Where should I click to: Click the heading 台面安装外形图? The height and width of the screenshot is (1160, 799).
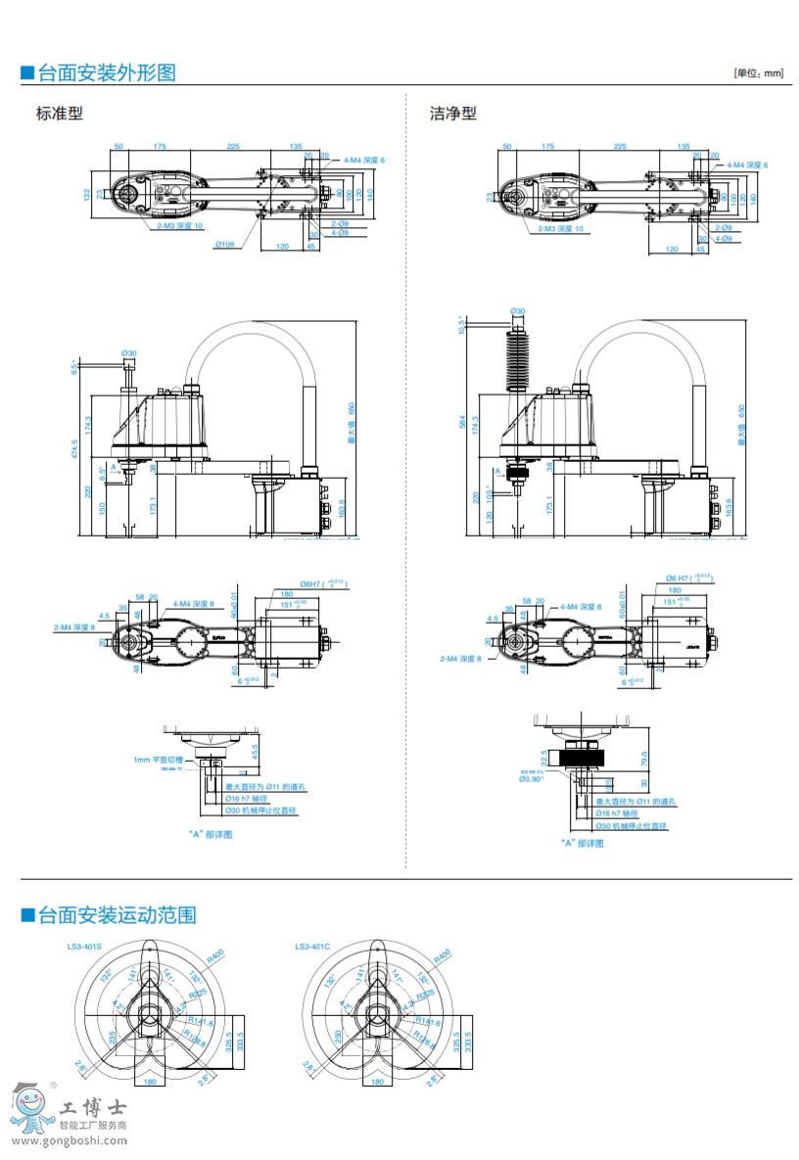(x=106, y=72)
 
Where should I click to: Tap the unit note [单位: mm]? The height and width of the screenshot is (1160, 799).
(x=759, y=73)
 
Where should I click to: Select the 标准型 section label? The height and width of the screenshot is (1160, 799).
(x=60, y=114)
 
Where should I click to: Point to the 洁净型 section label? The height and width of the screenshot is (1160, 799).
(x=453, y=114)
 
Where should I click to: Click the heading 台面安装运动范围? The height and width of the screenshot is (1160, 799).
(x=116, y=915)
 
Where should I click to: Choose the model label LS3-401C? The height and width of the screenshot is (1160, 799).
(x=311, y=947)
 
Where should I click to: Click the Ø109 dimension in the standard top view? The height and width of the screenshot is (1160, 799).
(x=225, y=245)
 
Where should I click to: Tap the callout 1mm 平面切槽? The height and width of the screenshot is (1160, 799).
(x=159, y=760)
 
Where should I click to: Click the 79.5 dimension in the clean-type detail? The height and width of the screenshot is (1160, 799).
(x=644, y=759)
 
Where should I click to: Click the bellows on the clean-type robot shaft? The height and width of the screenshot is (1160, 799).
(x=516, y=357)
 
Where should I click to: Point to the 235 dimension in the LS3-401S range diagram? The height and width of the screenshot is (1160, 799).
(x=112, y=1036)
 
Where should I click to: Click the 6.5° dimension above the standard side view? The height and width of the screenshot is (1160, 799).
(x=74, y=367)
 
